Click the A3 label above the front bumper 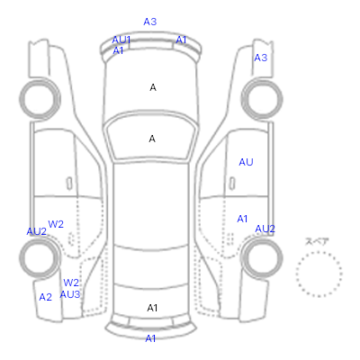150,22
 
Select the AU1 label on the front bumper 121,40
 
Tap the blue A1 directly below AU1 118,50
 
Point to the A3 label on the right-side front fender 260,58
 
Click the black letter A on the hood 153,87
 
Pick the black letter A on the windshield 152,139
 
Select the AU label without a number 246,162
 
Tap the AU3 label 70,294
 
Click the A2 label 46,297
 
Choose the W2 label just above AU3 71,283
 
